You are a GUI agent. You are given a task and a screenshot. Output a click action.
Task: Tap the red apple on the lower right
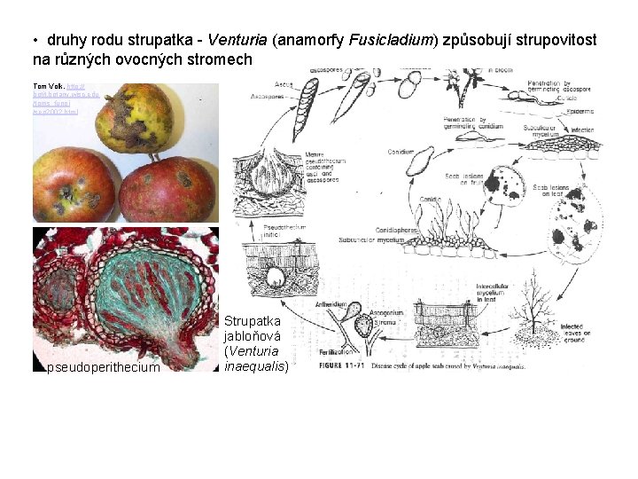168,188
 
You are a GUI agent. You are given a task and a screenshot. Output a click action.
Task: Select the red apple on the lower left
75,185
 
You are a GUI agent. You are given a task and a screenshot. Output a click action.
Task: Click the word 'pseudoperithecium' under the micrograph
104,367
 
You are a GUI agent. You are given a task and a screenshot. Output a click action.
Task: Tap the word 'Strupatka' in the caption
253,320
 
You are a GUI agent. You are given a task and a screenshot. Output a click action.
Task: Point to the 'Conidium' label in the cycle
401,152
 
